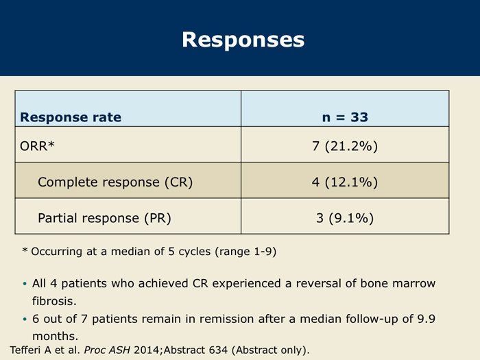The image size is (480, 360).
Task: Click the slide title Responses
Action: coord(243,40)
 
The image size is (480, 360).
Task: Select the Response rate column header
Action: coord(71,117)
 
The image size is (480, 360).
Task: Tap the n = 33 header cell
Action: coord(345,117)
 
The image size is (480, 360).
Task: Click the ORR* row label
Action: coord(37,145)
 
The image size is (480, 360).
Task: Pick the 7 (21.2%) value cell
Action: coord(345,146)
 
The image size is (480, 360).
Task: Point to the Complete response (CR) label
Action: coord(115,182)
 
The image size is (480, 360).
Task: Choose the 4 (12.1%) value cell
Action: coord(345,182)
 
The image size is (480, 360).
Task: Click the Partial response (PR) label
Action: coord(104,218)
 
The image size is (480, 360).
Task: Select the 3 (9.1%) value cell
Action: coord(345,218)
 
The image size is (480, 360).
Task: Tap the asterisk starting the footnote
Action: coord(25,250)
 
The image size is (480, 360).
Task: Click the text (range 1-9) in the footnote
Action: coord(245,252)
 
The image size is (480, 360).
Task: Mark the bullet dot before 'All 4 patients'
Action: coord(25,284)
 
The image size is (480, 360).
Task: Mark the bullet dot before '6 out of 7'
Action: coord(25,320)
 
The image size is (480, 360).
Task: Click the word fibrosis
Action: coord(54,301)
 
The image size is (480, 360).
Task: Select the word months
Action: coord(55,336)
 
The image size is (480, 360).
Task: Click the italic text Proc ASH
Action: coord(107,350)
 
